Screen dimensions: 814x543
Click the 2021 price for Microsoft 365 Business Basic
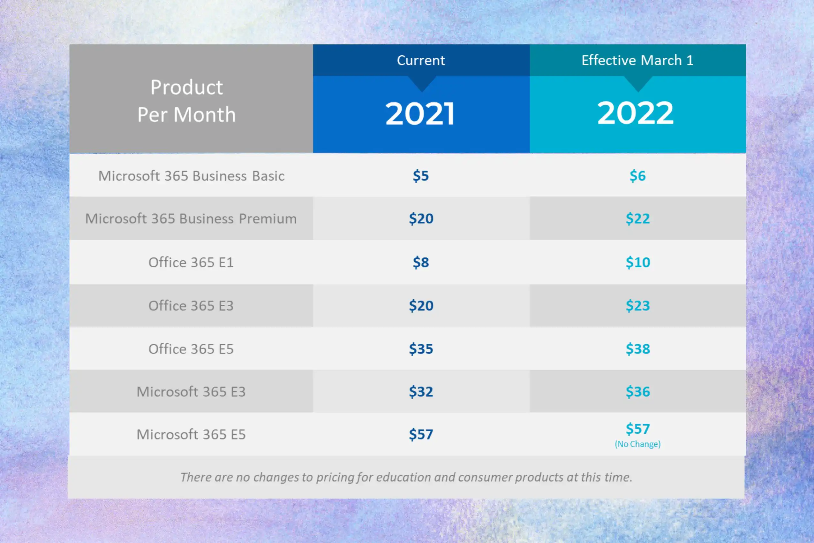pos(421,176)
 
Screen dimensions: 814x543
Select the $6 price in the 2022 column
pos(637,176)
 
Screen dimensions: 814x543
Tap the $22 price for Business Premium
pos(638,218)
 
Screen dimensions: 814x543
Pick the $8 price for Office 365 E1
pos(421,262)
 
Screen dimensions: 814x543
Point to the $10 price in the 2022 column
pos(638,262)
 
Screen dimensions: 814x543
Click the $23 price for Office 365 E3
pos(638,305)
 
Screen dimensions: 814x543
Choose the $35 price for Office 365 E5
pos(421,349)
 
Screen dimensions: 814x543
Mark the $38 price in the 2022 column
pos(638,349)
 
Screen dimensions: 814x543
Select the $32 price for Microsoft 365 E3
pos(421,392)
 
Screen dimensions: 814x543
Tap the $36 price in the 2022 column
pos(638,392)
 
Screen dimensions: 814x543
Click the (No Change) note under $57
pos(637,444)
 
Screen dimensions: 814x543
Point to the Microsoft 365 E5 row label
pos(191,434)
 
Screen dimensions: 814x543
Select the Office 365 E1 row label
pos(191,262)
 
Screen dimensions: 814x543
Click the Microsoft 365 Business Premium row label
pos(191,218)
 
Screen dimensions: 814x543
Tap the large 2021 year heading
pos(420,114)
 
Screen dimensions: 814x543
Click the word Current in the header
pos(421,60)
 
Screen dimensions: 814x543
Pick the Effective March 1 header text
pos(637,60)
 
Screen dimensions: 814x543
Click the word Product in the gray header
pos(186,87)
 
